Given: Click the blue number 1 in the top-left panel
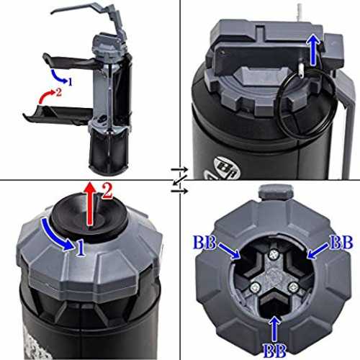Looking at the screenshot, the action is click(x=70, y=82).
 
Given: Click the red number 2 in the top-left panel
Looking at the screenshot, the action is click(x=58, y=92).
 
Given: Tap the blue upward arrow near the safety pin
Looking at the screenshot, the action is click(x=312, y=49).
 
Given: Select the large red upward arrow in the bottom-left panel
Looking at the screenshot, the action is click(x=90, y=204).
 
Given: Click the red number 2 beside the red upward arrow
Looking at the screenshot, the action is click(x=107, y=191).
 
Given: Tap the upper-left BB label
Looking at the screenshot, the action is click(x=204, y=242).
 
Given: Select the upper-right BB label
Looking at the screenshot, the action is click(x=341, y=242).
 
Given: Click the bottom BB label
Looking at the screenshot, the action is click(x=274, y=351).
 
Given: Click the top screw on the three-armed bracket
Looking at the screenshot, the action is click(x=273, y=255).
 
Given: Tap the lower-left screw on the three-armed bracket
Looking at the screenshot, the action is click(x=255, y=287).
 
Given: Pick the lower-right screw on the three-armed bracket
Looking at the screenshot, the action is click(x=293, y=287).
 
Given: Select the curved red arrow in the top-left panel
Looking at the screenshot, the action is click(x=46, y=96).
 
